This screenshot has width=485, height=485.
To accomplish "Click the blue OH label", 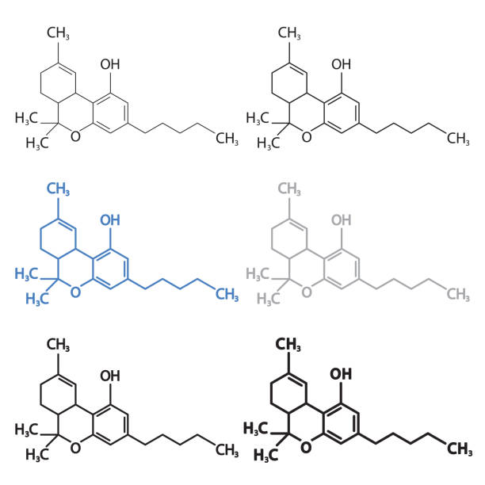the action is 110,220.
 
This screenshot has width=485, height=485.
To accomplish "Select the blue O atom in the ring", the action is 75,292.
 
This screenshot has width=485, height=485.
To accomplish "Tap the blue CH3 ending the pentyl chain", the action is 227,294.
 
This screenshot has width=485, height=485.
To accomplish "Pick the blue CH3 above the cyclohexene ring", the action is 58,189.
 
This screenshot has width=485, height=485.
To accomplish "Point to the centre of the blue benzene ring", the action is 110,269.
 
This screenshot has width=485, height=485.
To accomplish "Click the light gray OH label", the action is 342,220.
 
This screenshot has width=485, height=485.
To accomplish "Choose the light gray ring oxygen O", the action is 306,292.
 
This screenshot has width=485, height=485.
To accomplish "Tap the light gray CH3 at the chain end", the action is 458,294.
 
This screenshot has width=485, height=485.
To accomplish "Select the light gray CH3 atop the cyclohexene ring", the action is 289,189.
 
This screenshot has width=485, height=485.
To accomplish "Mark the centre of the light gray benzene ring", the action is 342,269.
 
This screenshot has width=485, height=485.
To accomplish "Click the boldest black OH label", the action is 341,374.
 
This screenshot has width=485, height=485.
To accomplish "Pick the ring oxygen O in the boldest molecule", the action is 306,447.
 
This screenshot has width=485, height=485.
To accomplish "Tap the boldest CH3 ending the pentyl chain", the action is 460,449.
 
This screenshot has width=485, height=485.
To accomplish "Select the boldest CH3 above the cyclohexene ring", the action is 288,344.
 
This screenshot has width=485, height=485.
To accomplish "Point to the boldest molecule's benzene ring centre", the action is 342,424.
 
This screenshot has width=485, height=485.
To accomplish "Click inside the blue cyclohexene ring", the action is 58,239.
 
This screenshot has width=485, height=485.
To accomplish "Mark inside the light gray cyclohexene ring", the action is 289,239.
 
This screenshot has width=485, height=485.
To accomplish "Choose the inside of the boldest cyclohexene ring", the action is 288,393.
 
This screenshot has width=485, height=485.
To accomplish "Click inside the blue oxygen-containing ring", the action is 75,269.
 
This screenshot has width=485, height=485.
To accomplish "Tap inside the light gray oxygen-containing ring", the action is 306,269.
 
